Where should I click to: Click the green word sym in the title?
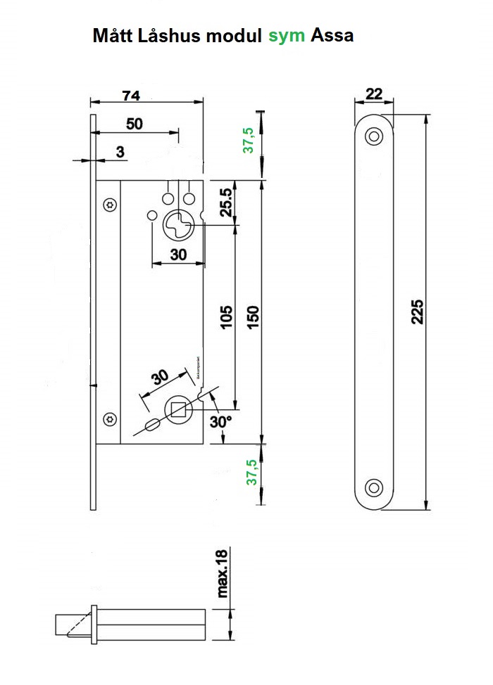coord(287,36)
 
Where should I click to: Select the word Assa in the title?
coord(332,36)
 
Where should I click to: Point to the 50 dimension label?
coord(134,124)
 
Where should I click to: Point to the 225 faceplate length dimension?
coord(416,312)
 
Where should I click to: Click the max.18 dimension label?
coord(223,574)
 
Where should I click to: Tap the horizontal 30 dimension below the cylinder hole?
coord(178,255)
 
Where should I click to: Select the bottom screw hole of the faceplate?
coord(374,487)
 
